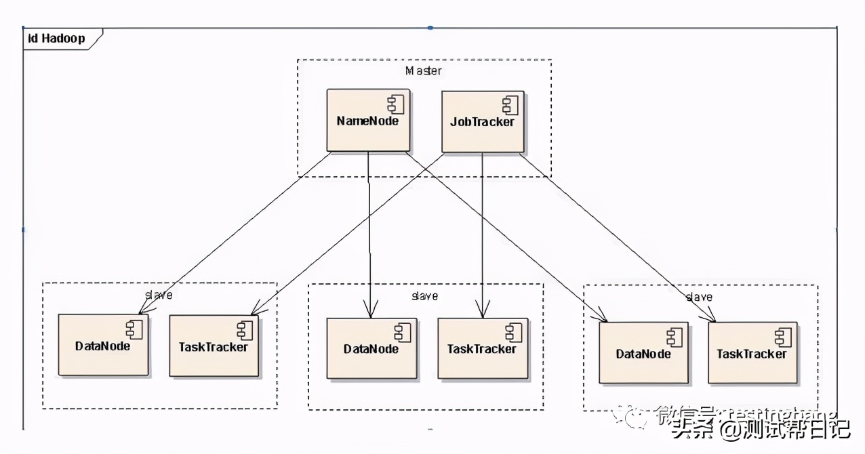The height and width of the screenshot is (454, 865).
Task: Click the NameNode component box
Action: [368, 121]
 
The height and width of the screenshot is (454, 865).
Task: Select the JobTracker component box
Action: [482, 121]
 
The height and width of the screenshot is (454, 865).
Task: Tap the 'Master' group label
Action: [424, 71]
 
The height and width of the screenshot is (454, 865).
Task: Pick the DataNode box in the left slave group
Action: [103, 345]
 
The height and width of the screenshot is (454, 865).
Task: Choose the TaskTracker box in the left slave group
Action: [214, 346]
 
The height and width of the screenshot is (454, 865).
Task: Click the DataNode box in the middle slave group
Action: [371, 348]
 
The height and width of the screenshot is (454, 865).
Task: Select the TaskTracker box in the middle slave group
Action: [482, 348]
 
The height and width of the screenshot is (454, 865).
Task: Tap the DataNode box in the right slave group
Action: [643, 352]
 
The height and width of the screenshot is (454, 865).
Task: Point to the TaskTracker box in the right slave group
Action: [752, 352]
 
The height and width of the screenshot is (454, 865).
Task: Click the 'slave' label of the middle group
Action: [425, 296]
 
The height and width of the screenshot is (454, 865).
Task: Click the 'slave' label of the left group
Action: [159, 295]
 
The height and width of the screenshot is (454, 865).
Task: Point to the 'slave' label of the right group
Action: [699, 297]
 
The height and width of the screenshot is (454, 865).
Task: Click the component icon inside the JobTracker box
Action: [510, 105]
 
